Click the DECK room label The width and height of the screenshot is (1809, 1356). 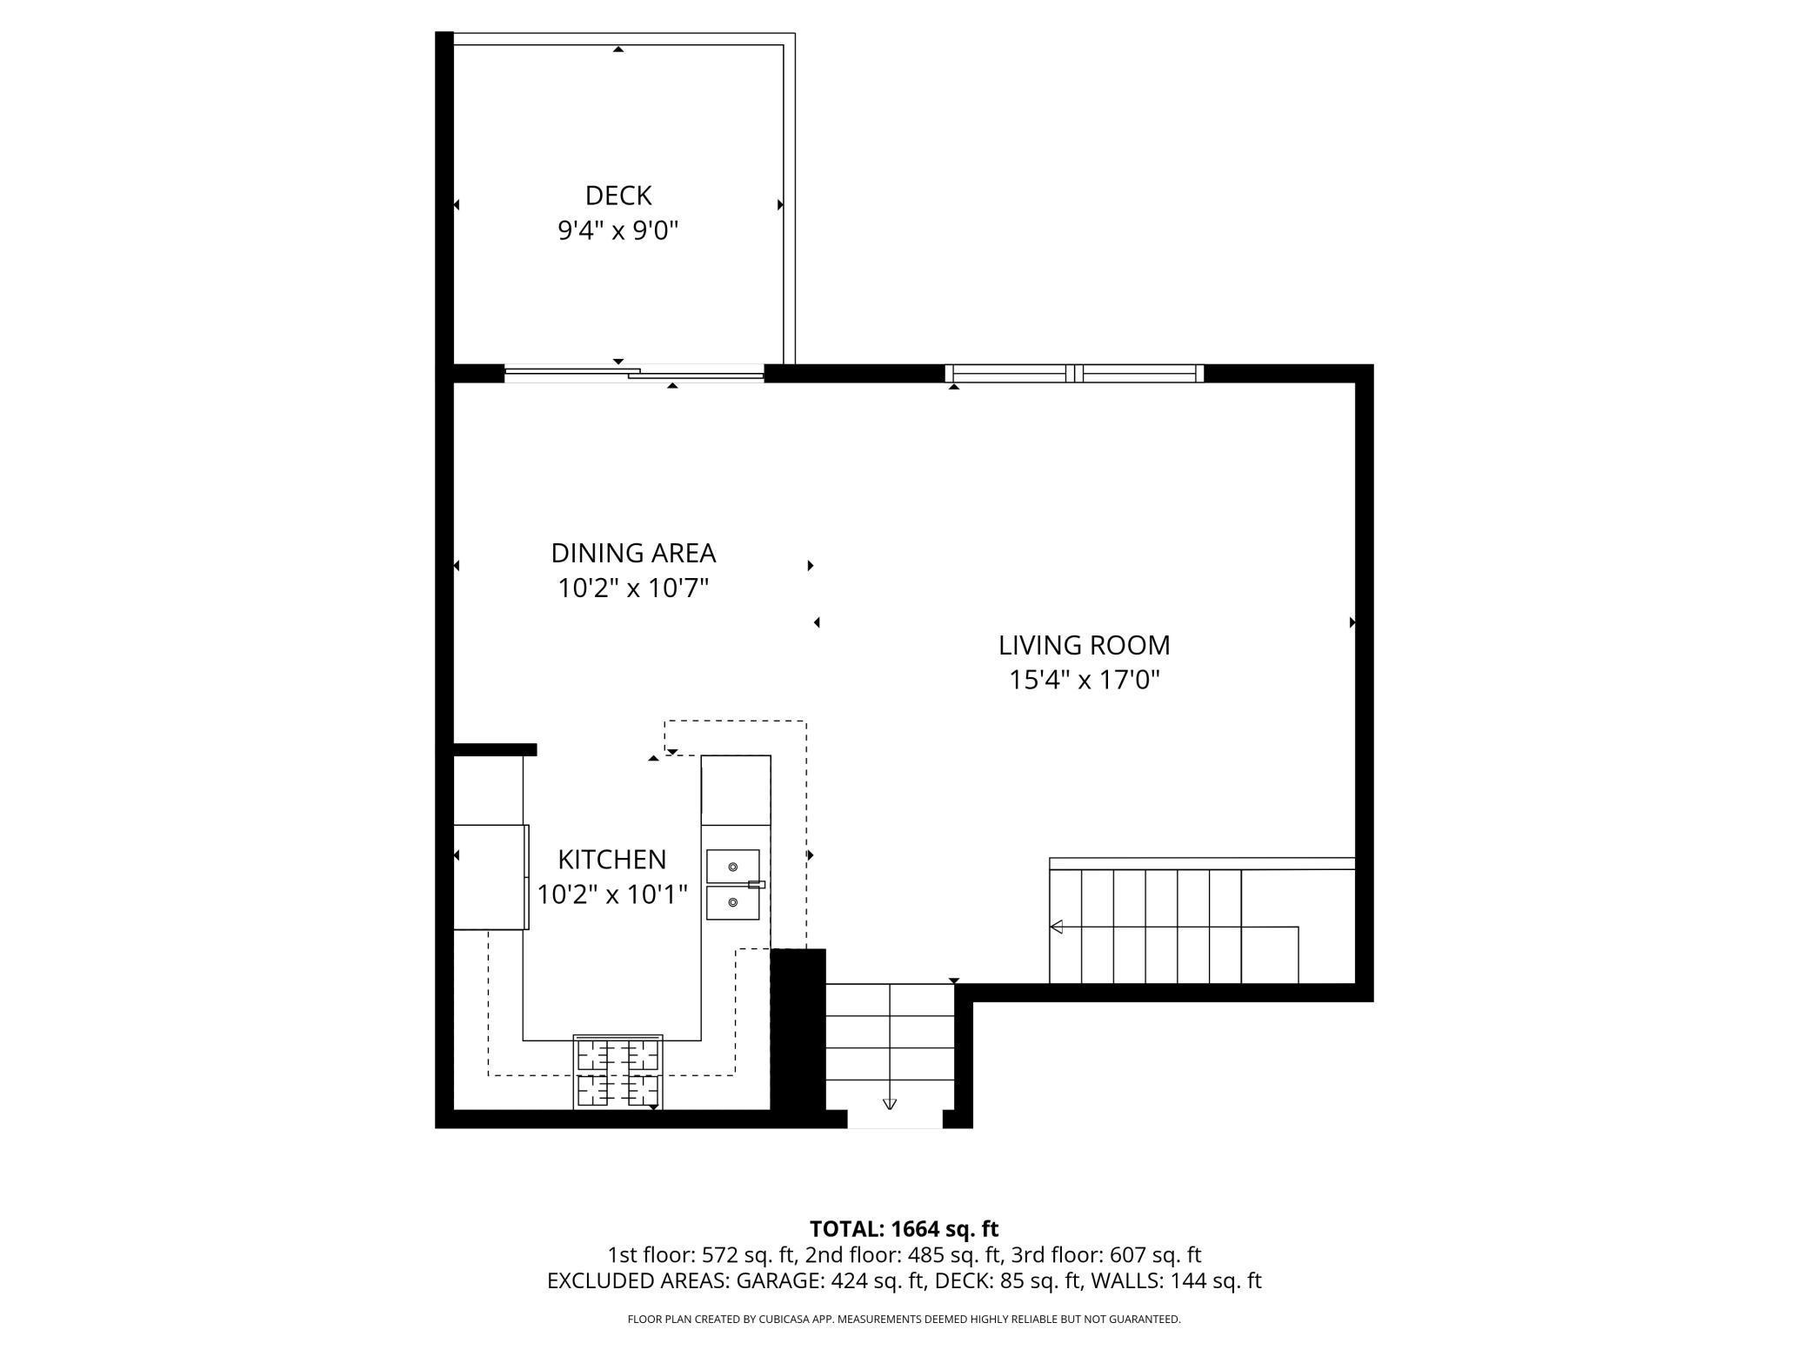coord(617,196)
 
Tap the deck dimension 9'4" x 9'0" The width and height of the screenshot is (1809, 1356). coord(617,231)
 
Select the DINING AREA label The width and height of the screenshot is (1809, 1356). coord(633,553)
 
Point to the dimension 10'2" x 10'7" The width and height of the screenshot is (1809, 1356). coord(633,588)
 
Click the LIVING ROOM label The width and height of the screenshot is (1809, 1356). coord(1084,645)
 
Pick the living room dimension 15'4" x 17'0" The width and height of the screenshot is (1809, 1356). coord(1084,680)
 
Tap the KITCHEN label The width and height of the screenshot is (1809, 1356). coord(611,860)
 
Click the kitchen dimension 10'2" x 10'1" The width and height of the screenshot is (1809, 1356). coord(611,894)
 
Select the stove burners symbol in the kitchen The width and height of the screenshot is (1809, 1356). coord(617,1072)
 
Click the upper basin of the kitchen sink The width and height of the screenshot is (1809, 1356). coord(732,867)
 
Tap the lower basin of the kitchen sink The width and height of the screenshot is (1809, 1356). coord(732,903)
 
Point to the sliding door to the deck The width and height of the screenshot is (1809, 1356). coord(634,375)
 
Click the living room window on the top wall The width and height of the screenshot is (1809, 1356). coord(1074,374)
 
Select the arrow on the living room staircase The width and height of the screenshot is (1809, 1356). coord(1057,927)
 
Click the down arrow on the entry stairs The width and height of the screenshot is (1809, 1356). coord(889,1104)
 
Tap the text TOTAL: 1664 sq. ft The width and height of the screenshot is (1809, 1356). coord(904,1229)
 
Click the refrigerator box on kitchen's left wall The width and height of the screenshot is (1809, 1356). coord(491,877)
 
